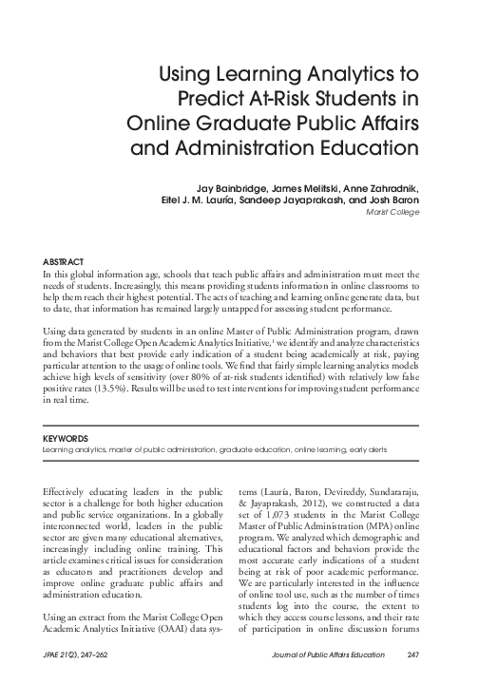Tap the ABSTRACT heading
65,260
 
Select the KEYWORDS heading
67,439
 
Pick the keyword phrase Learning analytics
74,450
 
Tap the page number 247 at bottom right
412,665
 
